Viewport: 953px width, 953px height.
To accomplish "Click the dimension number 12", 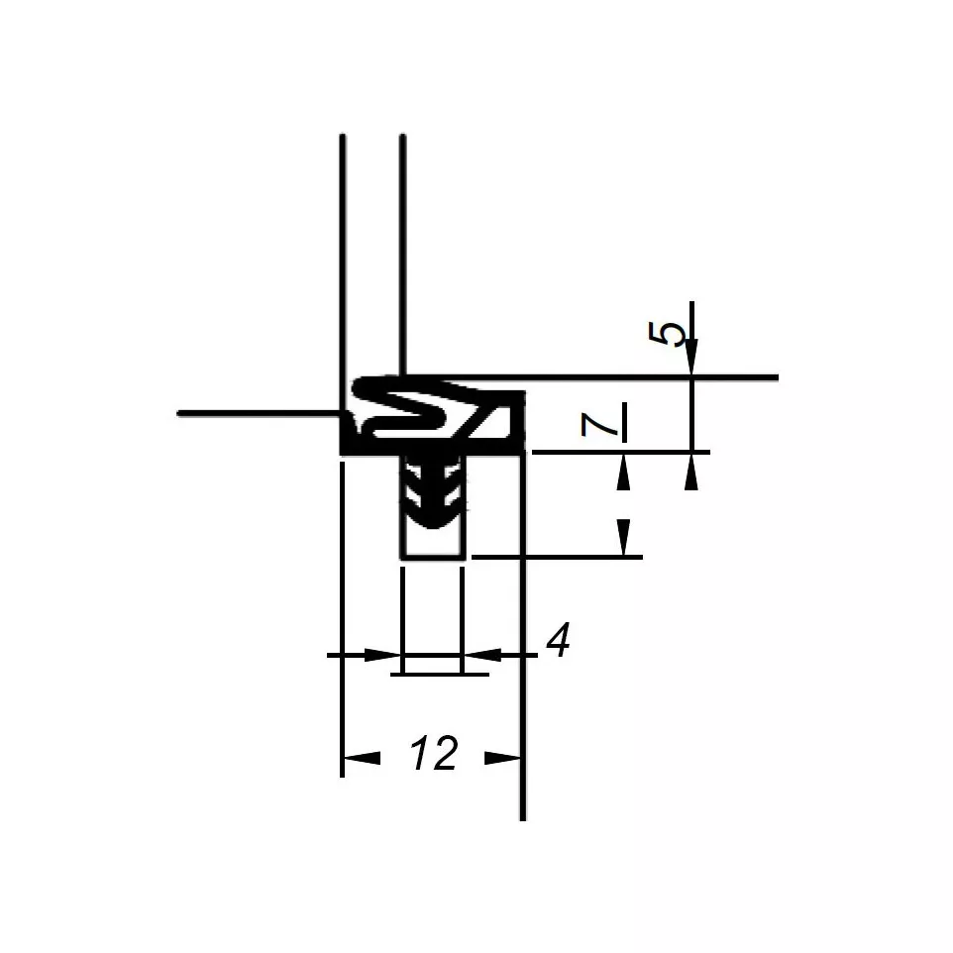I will click(x=434, y=755).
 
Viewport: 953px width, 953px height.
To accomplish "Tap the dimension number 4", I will click(x=559, y=642).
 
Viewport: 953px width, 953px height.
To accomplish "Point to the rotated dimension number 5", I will click(x=670, y=334).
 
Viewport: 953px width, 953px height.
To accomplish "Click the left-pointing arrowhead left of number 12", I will click(x=361, y=759).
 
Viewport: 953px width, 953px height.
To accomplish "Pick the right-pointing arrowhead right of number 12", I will click(x=503, y=759).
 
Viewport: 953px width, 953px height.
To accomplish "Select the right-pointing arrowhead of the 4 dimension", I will click(x=382, y=655).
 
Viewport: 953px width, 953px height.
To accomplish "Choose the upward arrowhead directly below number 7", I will click(x=623, y=473).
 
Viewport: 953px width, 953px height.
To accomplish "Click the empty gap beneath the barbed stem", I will click(x=433, y=542).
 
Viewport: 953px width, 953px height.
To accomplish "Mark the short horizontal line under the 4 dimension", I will click(x=440, y=675).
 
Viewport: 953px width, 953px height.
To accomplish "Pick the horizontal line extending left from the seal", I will click(x=258, y=412).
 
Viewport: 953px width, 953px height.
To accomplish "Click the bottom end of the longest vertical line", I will click(x=522, y=816).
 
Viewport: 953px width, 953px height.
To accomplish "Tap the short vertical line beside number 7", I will click(x=625, y=421).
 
